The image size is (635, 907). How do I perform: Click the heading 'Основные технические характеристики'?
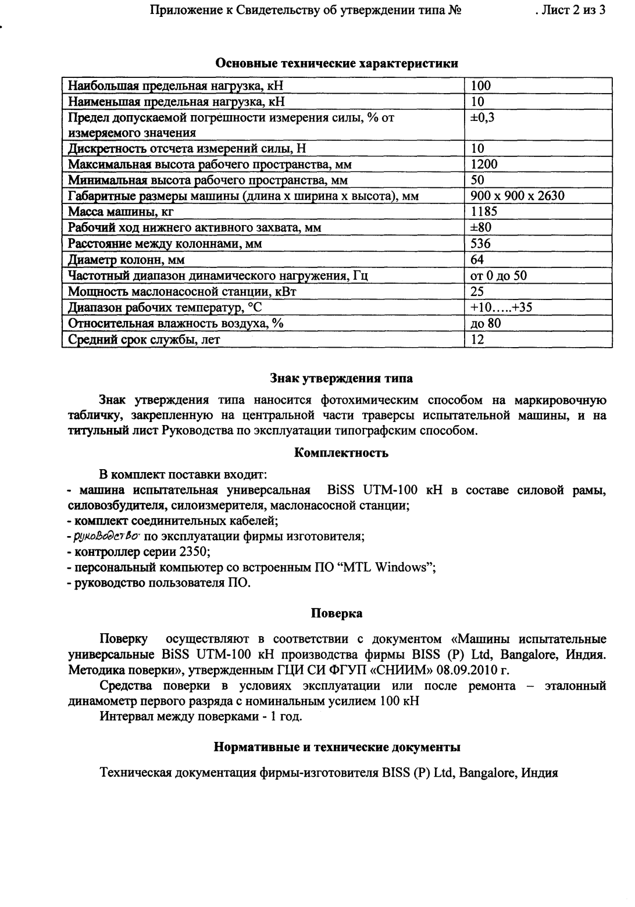[x=337, y=63]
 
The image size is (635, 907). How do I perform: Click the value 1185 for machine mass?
[x=484, y=212]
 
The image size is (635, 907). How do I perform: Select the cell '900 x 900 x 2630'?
[x=517, y=196]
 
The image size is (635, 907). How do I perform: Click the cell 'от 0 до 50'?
[x=498, y=276]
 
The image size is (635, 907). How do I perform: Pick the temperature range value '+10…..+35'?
[x=501, y=308]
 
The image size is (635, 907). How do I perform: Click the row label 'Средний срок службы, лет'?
[x=144, y=340]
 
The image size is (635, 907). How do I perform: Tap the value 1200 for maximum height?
[x=484, y=164]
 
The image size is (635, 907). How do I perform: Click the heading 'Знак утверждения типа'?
[x=341, y=378]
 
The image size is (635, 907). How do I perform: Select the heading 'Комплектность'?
[x=341, y=453]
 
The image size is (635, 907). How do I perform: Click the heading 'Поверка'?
[x=337, y=613]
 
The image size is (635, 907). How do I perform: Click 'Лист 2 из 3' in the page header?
[x=573, y=10]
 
